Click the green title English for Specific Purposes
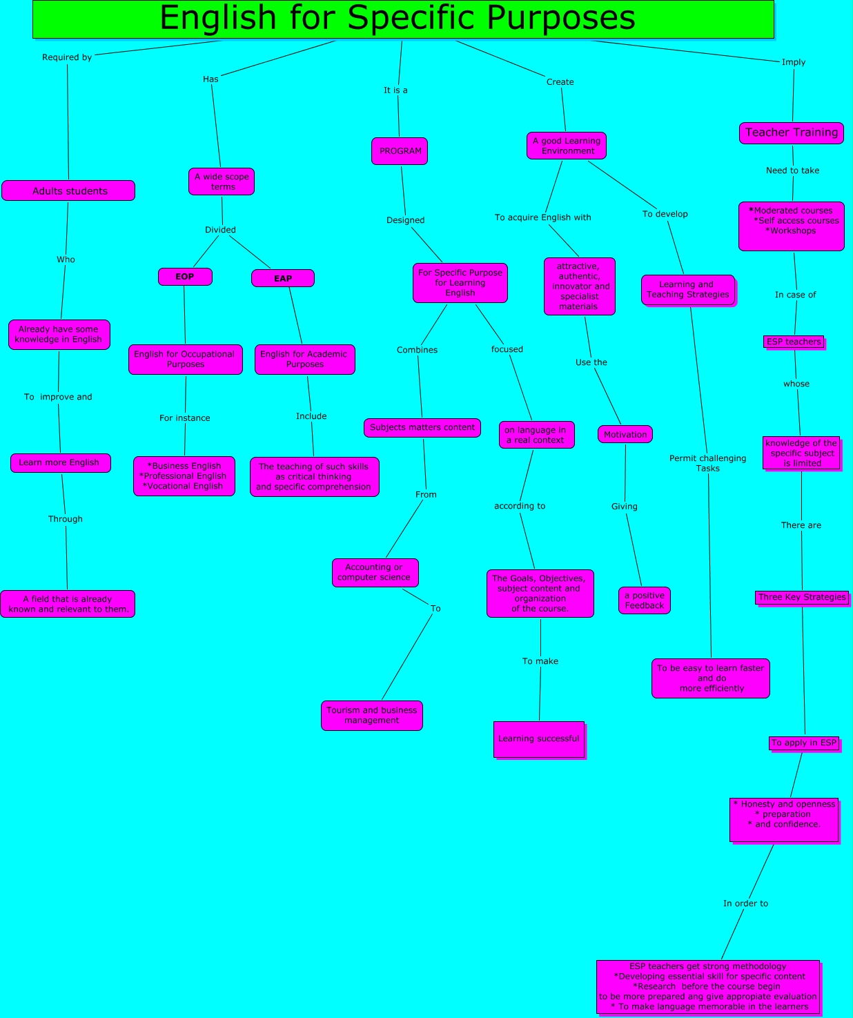[403, 19]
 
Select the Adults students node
[68, 191]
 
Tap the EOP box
[185, 277]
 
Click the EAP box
[283, 278]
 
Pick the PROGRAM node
[400, 151]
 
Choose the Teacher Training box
[791, 133]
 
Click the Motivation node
[625, 434]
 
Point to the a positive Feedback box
[645, 600]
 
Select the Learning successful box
[539, 739]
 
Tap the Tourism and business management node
[372, 716]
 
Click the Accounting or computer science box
[375, 572]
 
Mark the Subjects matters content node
[422, 428]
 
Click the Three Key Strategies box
[802, 598]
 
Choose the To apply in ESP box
[804, 743]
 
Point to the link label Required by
[67, 57]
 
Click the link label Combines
[417, 350]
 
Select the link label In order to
[745, 903]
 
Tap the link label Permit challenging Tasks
[707, 463]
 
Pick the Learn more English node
[60, 462]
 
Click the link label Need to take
[792, 170]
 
